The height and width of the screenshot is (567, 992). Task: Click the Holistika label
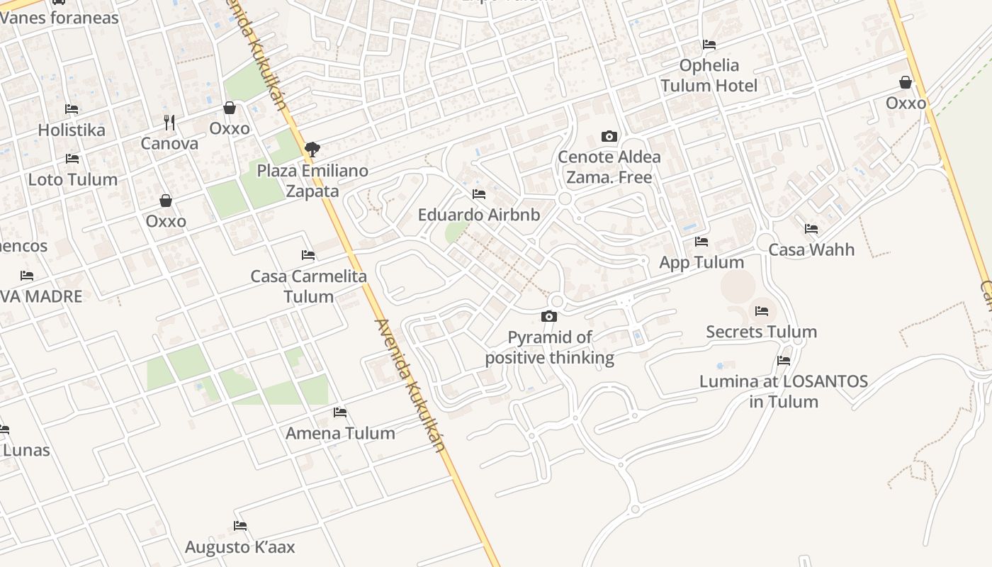[x=71, y=130]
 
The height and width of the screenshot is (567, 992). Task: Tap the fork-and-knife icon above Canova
[x=169, y=123]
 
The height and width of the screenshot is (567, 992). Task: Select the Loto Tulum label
[x=72, y=179]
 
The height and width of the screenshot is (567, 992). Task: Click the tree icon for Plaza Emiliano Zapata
[x=312, y=150]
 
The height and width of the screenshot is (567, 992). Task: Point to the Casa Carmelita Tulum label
[x=309, y=286]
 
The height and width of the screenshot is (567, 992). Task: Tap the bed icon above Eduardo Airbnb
[x=479, y=193]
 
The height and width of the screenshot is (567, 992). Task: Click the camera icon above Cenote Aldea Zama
[x=609, y=136]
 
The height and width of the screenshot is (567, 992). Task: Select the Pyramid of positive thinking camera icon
[x=549, y=316]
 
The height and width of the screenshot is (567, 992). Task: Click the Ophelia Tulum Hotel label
[x=709, y=75]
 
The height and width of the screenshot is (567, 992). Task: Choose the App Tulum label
[x=701, y=262]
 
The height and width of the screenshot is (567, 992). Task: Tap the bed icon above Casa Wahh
[x=811, y=229]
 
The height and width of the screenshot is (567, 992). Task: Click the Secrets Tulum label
[x=761, y=332]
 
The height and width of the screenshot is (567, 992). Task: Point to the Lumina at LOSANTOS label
[x=784, y=391]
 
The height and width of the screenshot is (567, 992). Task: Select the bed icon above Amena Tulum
[x=340, y=412]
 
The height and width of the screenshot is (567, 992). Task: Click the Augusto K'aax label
[x=239, y=547]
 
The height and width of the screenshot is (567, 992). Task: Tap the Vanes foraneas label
[x=60, y=18]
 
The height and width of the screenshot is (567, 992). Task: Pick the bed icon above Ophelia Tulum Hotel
[x=709, y=45]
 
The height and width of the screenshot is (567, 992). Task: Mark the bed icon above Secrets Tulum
[x=762, y=310]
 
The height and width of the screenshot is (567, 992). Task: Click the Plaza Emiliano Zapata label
[x=312, y=181]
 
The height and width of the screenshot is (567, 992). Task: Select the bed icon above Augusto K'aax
[x=240, y=526]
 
